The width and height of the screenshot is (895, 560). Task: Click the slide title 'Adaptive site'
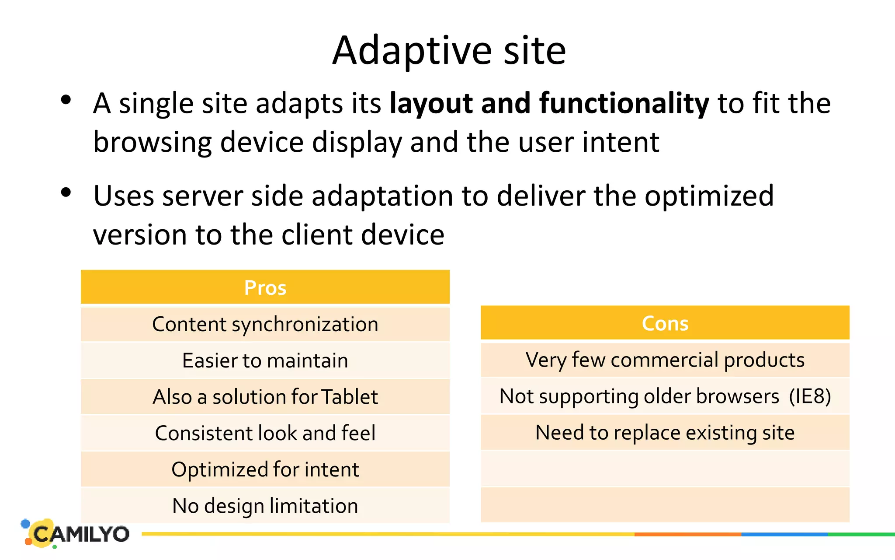[x=449, y=51]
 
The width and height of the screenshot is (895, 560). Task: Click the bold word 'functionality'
[x=624, y=104]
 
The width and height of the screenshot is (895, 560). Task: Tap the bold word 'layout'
[x=430, y=104]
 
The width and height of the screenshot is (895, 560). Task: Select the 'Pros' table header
[x=265, y=287]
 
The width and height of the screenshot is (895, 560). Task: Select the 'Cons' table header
[x=665, y=323]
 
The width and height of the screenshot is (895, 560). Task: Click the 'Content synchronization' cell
[x=265, y=324]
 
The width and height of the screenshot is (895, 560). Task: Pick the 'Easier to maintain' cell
[x=265, y=360]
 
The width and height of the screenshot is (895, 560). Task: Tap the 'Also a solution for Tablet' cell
[x=265, y=397]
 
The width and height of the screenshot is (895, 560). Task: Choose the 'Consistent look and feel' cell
[x=265, y=433]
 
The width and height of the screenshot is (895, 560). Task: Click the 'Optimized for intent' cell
[x=265, y=469]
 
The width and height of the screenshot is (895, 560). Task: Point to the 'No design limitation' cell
[x=265, y=506]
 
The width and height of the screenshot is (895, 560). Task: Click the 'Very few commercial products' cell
[x=665, y=360]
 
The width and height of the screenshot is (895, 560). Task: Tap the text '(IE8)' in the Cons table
[x=810, y=396]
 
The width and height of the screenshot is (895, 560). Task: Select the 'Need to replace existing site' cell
[x=665, y=433]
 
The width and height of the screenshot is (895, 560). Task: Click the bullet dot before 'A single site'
[x=66, y=100]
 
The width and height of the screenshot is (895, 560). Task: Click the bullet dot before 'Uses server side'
[x=66, y=192]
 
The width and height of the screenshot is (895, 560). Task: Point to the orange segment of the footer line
[x=687, y=534]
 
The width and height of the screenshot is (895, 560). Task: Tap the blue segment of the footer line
[x=784, y=534]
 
